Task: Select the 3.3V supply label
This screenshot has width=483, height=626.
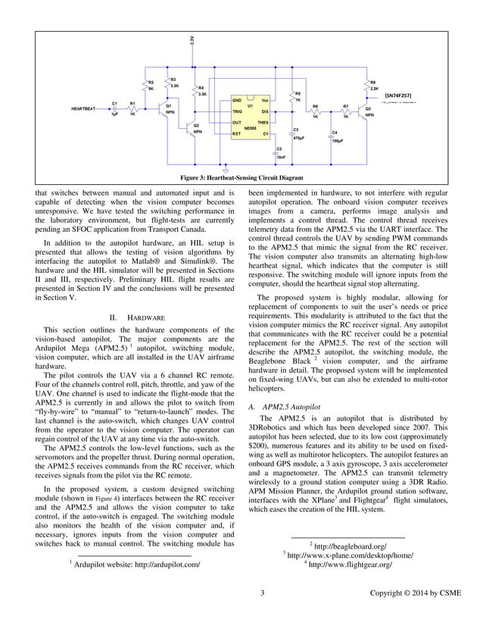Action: click(x=191, y=39)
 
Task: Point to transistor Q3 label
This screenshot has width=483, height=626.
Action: click(x=368, y=109)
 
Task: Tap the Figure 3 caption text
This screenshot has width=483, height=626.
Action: click(x=241, y=177)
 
